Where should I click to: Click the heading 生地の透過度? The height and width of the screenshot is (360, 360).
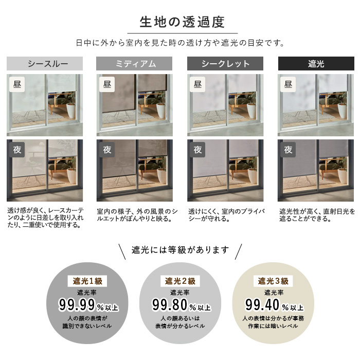pyautogui.click(x=180, y=22)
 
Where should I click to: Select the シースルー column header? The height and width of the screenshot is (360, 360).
pyautogui.click(x=45, y=64)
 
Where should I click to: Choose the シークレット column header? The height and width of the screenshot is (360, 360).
pyautogui.click(x=225, y=64)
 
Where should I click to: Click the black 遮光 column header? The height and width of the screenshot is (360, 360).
pyautogui.click(x=316, y=64)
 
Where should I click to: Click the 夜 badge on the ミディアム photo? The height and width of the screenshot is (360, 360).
pyautogui.click(x=107, y=150)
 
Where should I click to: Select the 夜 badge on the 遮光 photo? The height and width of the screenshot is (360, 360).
pyautogui.click(x=288, y=150)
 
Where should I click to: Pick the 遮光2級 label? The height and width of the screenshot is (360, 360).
pyautogui.click(x=180, y=281)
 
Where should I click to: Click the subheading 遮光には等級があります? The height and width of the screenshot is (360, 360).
pyautogui.click(x=180, y=250)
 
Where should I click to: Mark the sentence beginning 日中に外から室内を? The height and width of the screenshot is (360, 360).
pyautogui.click(x=180, y=43)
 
